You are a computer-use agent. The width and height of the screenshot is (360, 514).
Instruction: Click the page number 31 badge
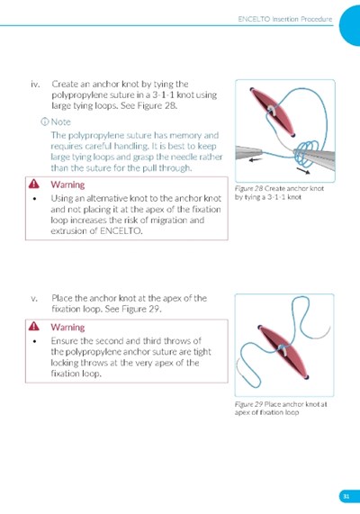click(346, 496)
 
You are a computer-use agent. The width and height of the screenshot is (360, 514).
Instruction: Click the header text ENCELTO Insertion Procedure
click(285, 19)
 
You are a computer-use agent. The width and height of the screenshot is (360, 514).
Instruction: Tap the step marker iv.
click(35, 85)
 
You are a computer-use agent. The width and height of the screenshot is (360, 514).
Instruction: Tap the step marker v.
click(34, 299)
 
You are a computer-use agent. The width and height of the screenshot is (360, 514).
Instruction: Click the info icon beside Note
click(45, 122)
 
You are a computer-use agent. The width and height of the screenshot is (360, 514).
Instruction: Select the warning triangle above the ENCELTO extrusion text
click(34, 185)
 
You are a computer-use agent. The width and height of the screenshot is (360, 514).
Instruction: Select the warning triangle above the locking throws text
click(34, 327)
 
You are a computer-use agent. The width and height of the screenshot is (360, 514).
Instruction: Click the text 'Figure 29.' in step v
click(141, 309)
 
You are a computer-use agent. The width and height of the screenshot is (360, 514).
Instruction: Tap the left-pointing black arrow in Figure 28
click(256, 160)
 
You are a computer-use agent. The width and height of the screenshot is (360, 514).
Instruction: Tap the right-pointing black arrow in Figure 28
click(303, 170)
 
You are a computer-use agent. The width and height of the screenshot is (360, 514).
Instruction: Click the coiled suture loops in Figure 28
click(306, 153)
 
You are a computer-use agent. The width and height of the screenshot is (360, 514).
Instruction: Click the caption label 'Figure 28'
click(249, 188)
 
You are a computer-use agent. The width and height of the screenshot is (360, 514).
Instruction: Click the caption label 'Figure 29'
click(249, 404)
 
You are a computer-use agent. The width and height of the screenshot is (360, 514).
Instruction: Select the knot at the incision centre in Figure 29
click(283, 350)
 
